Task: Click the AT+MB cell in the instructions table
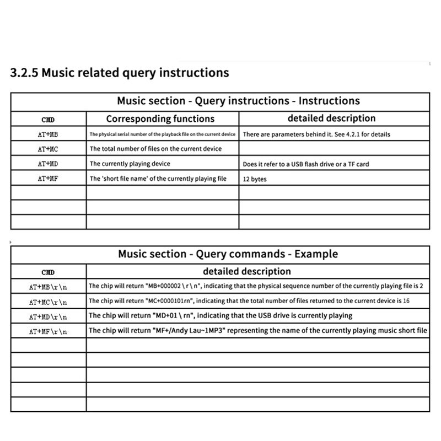[49, 135]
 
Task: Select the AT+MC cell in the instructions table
[49, 149]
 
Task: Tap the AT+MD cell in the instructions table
[49, 164]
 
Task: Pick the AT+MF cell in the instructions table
[49, 179]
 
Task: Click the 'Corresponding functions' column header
[160, 119]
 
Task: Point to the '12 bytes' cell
[255, 179]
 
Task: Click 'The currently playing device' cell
[130, 164]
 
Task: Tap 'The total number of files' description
[155, 149]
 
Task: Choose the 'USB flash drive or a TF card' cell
[306, 164]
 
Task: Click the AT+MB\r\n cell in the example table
[49, 287]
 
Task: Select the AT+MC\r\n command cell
[49, 302]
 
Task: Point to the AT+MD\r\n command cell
[49, 316]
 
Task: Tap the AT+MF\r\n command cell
[49, 331]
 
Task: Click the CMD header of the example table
[49, 272]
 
